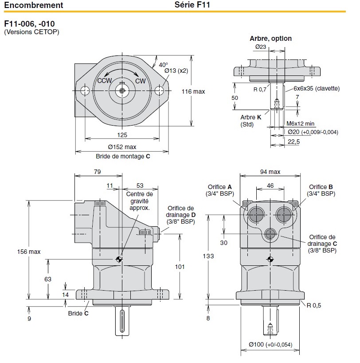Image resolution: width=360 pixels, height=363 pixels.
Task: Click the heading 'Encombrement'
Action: point(33,6)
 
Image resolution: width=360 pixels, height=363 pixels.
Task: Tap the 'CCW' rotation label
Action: point(105,80)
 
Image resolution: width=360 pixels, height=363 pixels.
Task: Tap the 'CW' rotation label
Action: point(141,81)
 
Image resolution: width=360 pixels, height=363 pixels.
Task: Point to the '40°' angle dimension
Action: point(164,64)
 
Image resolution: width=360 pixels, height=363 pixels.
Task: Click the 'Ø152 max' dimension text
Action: point(121,147)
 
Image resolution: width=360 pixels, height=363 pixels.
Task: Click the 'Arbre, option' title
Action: point(270,39)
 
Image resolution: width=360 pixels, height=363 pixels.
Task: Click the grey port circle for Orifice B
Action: point(284,215)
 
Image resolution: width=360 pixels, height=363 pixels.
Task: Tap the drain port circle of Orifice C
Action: point(270,234)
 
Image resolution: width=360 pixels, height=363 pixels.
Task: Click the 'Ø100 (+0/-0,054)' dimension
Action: point(270,345)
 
